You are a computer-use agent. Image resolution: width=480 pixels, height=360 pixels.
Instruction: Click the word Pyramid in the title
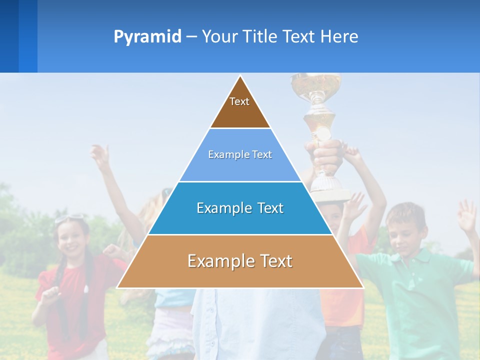tap(147, 37)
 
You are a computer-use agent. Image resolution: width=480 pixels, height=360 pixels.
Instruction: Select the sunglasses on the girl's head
tap(70, 218)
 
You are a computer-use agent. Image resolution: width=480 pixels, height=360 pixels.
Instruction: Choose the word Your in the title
tap(218, 36)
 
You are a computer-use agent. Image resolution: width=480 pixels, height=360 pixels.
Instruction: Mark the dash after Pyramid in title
tap(191, 36)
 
